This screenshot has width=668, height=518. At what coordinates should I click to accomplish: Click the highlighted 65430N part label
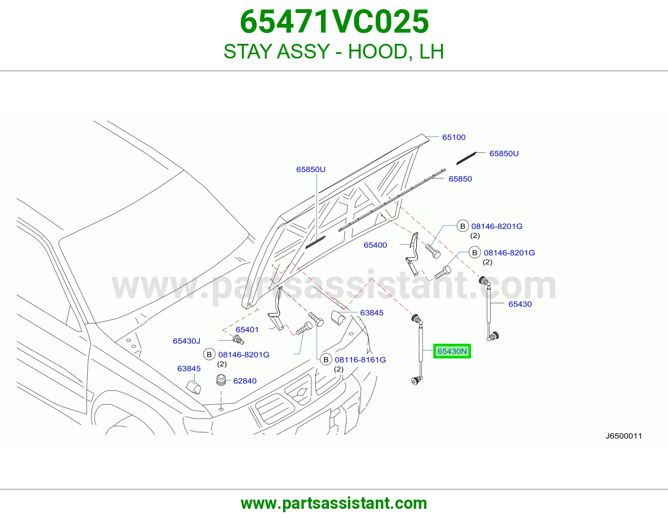click(452, 351)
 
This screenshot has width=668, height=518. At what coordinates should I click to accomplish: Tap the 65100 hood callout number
click(454, 137)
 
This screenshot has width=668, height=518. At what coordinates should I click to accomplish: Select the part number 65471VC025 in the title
click(334, 22)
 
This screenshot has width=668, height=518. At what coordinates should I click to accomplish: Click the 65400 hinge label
click(375, 245)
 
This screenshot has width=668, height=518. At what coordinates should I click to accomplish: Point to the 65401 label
click(247, 330)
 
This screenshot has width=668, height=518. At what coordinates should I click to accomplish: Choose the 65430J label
click(186, 341)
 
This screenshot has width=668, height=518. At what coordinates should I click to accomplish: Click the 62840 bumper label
click(245, 381)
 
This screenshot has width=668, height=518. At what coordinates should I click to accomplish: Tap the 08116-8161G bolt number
click(360, 360)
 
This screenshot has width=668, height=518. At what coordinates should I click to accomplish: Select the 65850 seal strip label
click(460, 179)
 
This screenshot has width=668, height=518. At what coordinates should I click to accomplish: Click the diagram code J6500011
click(624, 436)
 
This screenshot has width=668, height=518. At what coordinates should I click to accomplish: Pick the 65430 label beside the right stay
click(520, 304)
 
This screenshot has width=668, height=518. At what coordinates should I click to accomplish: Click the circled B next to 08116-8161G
click(326, 360)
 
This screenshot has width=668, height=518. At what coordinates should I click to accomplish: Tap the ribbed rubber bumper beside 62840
click(221, 380)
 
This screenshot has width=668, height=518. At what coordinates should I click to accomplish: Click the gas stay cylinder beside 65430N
click(420, 343)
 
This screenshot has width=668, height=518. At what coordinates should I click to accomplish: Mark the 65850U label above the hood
click(311, 169)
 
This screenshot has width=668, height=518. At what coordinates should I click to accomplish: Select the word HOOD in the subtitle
click(378, 51)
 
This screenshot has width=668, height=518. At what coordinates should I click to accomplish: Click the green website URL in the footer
click(334, 503)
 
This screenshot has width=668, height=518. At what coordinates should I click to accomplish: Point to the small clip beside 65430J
click(238, 340)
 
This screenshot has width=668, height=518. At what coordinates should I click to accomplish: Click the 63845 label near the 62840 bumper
click(189, 368)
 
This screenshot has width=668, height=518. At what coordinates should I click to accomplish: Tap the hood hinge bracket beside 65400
click(413, 254)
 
